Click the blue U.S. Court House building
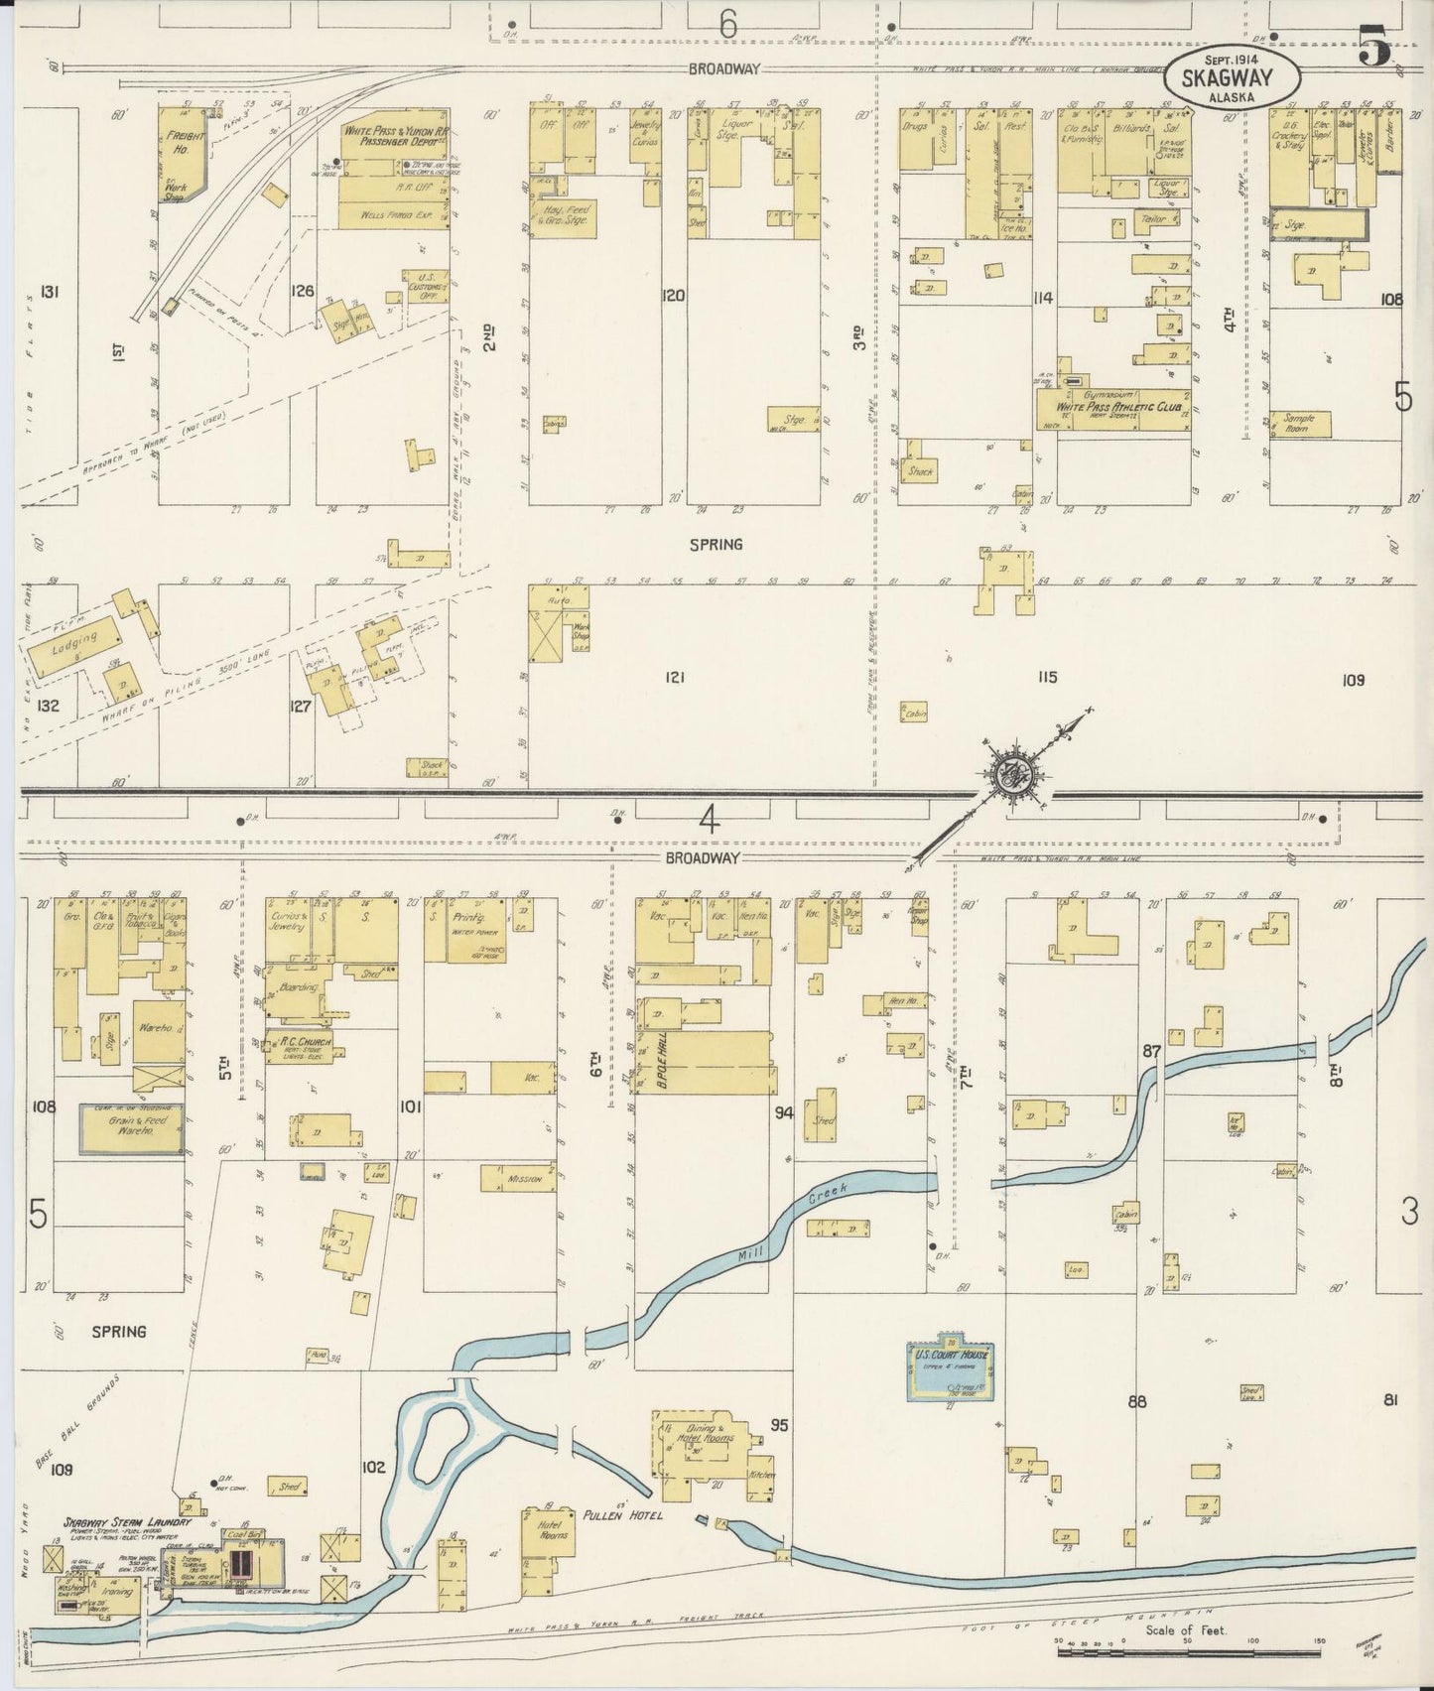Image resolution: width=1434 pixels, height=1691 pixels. point(940,1370)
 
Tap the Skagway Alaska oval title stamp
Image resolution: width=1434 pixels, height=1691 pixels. point(1232,79)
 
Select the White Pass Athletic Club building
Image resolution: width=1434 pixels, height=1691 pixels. point(1113,408)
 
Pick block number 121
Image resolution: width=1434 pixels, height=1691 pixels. point(675,678)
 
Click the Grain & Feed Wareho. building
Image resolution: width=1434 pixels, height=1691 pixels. point(132,1127)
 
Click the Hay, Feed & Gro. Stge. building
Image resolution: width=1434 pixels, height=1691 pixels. point(566,215)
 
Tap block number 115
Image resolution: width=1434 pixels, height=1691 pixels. point(1047,678)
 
